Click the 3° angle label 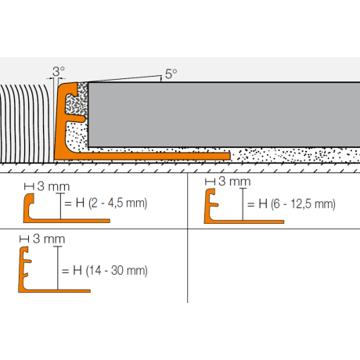(58, 70)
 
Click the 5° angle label (171, 75)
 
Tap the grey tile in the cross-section (219, 113)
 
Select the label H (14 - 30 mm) (109, 272)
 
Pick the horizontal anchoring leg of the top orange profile (157, 156)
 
